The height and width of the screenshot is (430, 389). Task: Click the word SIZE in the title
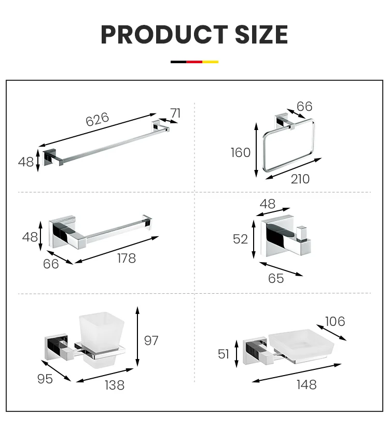point(257,34)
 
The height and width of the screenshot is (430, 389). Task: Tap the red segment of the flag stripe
point(195,62)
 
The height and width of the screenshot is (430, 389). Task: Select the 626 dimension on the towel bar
point(98,119)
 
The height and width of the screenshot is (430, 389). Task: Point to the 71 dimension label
point(175,113)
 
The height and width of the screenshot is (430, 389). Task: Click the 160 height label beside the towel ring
point(241,152)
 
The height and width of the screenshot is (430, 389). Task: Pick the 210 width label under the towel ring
point(300,179)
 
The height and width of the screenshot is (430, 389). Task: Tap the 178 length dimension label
point(126,257)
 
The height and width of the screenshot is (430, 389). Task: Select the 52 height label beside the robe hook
point(241,239)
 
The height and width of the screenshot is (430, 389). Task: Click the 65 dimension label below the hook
point(276,278)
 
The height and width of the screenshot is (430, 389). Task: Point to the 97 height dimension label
point(151,340)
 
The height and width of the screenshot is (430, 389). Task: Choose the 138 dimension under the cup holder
point(114,385)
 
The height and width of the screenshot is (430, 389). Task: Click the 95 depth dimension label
point(45,379)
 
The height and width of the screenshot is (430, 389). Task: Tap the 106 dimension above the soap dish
point(335,321)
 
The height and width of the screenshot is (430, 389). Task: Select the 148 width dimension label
point(305,384)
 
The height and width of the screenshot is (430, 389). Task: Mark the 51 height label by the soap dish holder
point(224,354)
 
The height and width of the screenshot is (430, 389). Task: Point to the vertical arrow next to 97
point(137,337)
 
